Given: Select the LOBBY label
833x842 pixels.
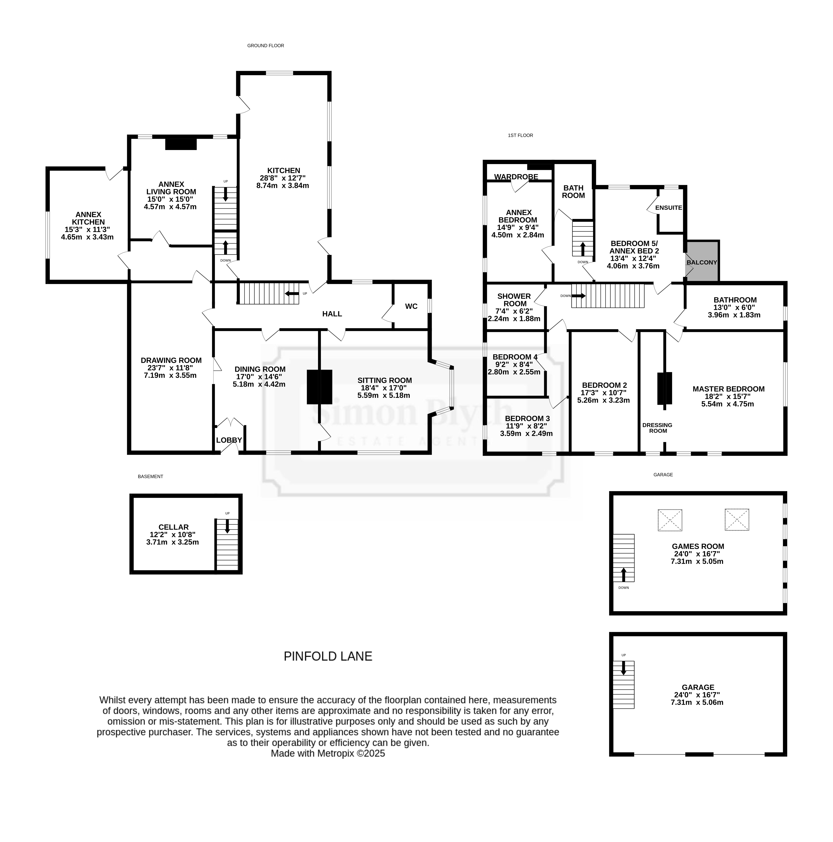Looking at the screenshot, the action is (229, 440).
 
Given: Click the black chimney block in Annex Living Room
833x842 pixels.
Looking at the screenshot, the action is (181, 144).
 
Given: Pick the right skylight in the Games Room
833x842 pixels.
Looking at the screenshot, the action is (737, 520).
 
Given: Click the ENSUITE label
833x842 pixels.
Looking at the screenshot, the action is (669, 208).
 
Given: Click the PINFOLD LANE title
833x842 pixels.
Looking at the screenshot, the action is (328, 656).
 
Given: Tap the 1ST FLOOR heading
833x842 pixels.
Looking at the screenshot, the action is (520, 136).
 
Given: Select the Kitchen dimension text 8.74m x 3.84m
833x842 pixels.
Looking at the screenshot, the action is (283, 186).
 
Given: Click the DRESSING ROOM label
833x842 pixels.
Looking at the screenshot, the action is (658, 428).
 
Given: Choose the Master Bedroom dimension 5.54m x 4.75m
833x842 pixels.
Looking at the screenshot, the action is (728, 404).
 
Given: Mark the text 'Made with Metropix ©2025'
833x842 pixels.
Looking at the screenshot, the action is (328, 754).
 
